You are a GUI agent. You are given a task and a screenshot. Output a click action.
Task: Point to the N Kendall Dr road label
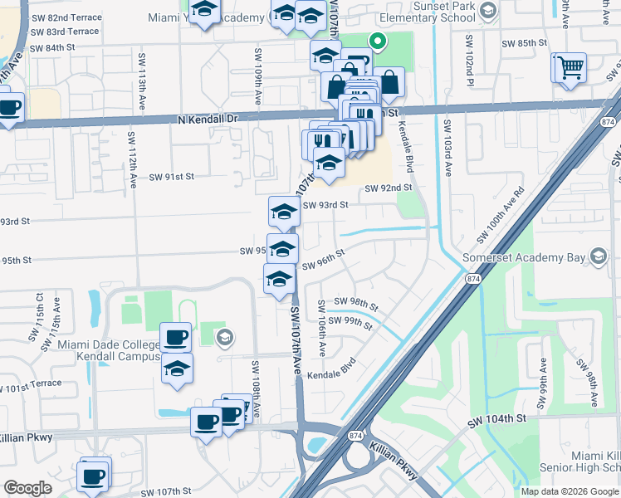click(x=208, y=120)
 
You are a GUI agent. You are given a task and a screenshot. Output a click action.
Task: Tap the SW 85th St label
click(x=524, y=42)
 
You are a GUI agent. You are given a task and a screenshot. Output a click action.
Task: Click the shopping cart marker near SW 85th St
click(x=571, y=67)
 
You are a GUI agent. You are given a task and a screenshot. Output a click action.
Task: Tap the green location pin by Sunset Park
click(x=377, y=40)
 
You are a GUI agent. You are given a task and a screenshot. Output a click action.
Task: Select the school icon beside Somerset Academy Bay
click(x=597, y=256)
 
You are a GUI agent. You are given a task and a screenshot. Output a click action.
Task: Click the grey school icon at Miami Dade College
click(x=222, y=337)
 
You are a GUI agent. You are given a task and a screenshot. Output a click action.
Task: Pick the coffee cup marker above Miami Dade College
click(x=175, y=336)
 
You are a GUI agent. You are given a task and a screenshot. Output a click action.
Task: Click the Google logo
click(x=28, y=488)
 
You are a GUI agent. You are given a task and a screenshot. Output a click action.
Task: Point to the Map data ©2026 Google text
click(x=570, y=491)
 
